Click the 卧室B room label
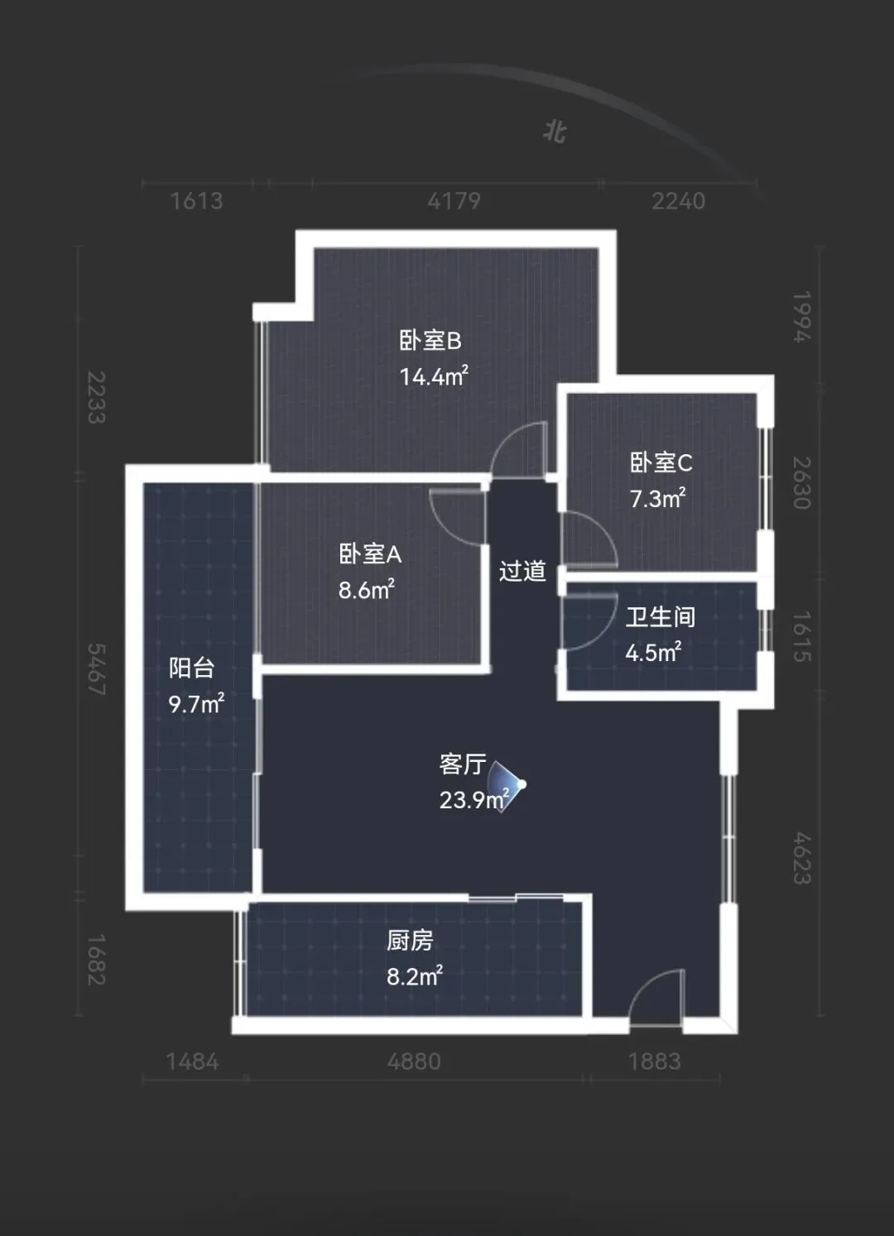point(430,341)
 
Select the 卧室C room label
point(661,462)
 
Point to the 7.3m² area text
point(657,498)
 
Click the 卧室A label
point(370,554)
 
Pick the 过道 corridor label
point(522,571)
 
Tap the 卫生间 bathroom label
point(661,617)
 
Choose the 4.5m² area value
point(653,652)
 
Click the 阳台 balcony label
point(191,668)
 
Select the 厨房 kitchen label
point(410,941)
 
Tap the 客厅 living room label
point(463,764)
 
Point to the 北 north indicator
point(555,132)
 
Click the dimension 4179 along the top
point(454,201)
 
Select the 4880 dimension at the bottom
point(414,1061)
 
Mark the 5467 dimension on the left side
point(96,669)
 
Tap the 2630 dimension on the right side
point(802,483)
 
